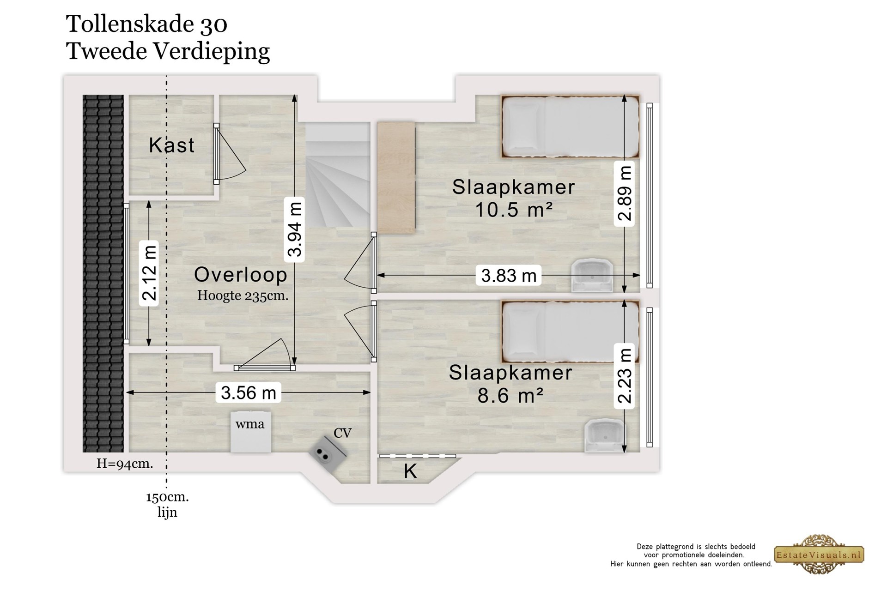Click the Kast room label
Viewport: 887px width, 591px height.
tap(171, 145)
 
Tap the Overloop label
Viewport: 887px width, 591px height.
tap(241, 275)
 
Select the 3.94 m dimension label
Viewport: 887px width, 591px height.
tap(295, 229)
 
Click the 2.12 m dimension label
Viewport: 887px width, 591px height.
tap(149, 273)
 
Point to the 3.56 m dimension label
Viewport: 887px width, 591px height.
tap(249, 393)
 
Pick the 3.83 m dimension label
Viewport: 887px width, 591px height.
tap(509, 276)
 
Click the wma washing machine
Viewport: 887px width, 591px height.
tap(251, 432)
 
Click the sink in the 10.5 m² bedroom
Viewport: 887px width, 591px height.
tap(592, 276)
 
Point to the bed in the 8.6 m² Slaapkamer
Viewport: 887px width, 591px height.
tap(571, 332)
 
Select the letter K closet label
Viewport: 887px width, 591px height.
tap(410, 471)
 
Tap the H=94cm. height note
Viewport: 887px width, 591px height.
tap(125, 464)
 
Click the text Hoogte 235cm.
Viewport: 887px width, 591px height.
tap(243, 295)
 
